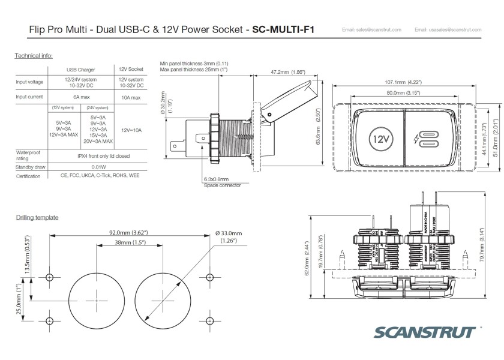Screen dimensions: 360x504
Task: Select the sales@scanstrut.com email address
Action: coord(371,29)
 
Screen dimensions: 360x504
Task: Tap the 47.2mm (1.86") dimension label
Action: coord(286,72)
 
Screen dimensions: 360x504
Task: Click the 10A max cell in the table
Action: coord(131,97)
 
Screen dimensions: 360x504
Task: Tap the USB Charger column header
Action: coord(81,70)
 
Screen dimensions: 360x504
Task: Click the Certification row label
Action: coord(28,176)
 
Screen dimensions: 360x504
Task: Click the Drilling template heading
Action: coord(37,217)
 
